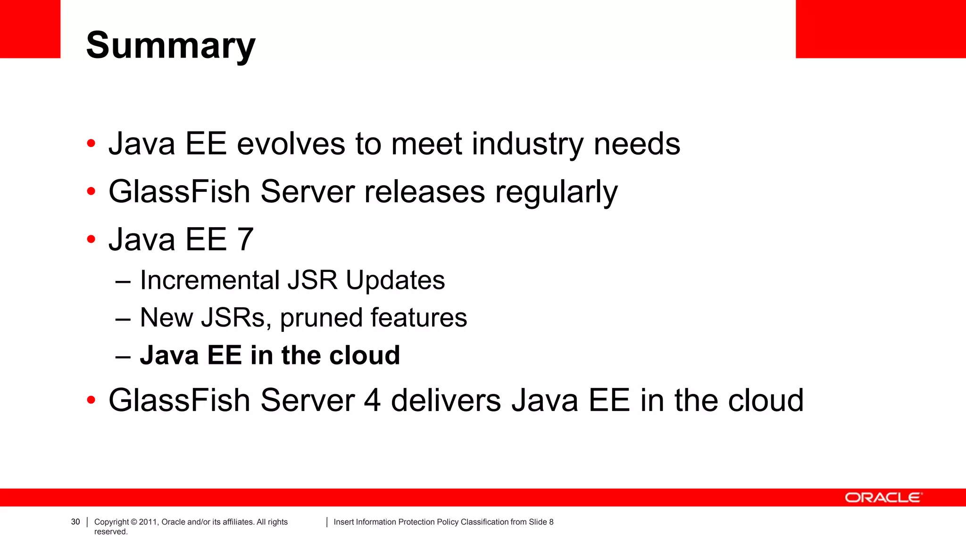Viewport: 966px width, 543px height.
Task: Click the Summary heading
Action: click(171, 46)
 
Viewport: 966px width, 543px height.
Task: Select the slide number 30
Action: click(75, 522)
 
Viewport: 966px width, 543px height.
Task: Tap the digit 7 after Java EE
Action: click(245, 239)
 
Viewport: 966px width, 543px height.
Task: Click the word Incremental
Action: click(210, 280)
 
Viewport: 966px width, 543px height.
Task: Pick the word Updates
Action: click(395, 281)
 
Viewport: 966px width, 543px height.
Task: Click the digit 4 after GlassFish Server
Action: click(372, 401)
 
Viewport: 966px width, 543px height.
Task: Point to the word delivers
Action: click(446, 401)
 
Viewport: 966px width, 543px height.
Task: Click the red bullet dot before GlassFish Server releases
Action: click(91, 192)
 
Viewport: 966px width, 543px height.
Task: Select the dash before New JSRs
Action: click(123, 319)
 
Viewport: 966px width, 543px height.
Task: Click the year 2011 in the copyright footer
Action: click(148, 522)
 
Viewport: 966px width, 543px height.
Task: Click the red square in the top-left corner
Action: click(30, 29)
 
